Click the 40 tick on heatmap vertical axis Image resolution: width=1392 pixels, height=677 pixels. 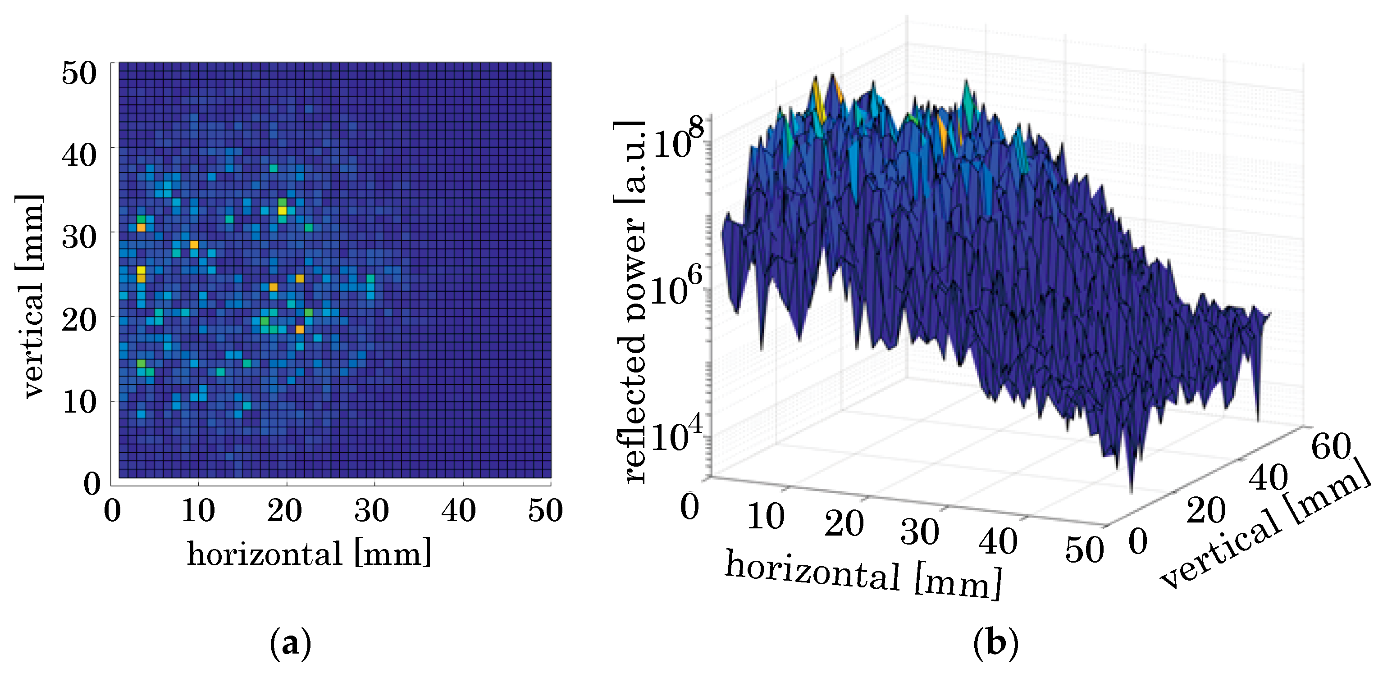[79, 155]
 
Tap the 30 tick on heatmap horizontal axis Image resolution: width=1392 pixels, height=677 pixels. [372, 511]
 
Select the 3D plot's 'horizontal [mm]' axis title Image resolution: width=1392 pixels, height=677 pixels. [863, 576]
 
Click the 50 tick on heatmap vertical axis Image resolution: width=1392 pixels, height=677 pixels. [79, 73]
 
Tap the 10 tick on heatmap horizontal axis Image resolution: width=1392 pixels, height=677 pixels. [198, 511]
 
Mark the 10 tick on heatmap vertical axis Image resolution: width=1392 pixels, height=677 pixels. [79, 403]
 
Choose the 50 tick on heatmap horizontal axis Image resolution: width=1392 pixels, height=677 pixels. [546, 511]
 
